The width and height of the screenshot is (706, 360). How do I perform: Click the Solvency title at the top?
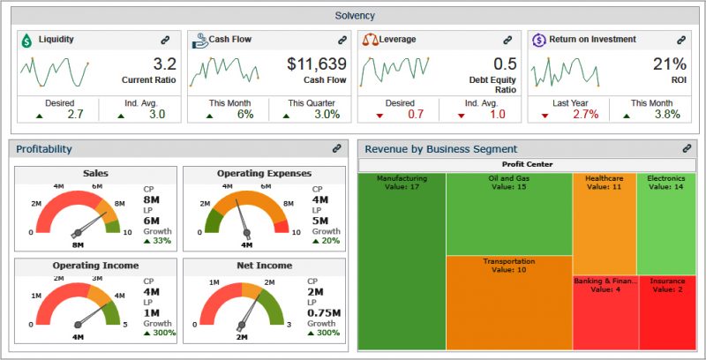(x=355, y=15)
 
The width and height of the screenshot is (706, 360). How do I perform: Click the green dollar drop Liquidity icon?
(x=26, y=40)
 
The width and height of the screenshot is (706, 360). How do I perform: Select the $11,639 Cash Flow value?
(x=317, y=64)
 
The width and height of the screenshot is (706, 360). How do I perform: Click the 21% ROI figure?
(x=669, y=64)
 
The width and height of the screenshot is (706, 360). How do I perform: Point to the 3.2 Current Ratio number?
(x=164, y=64)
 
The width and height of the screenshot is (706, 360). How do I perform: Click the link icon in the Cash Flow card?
(x=342, y=40)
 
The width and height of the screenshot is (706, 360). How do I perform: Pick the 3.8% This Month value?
(x=667, y=114)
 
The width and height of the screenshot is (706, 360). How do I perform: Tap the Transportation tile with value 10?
(x=508, y=300)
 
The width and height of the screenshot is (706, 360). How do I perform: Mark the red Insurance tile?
(x=666, y=312)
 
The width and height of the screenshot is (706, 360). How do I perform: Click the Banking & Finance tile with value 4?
(x=604, y=312)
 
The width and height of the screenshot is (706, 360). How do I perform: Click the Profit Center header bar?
(x=527, y=164)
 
